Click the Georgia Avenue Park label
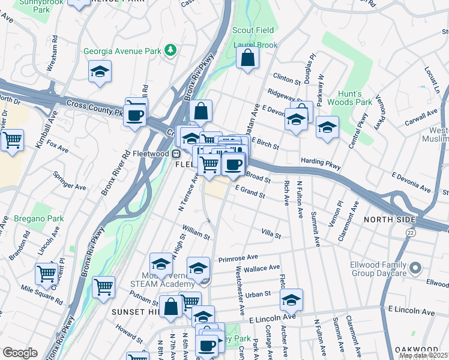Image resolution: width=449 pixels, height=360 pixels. pos(122,51)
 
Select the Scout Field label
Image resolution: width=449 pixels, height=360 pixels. pos(253,30)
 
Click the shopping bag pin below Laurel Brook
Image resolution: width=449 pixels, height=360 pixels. pos(247,59)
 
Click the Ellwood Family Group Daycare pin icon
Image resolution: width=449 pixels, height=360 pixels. pos(415,266)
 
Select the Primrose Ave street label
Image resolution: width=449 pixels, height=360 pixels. pos(238,257)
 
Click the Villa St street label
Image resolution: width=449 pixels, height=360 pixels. pos(271,234)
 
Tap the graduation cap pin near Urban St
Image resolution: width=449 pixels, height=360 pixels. pos(291,299)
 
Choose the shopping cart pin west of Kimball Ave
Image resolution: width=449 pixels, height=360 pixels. pos(12,141)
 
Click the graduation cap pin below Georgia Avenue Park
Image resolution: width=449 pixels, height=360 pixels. pos(100,73)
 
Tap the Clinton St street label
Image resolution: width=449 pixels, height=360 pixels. pos(286,79)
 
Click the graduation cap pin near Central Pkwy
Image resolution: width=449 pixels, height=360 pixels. pos(327,127)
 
